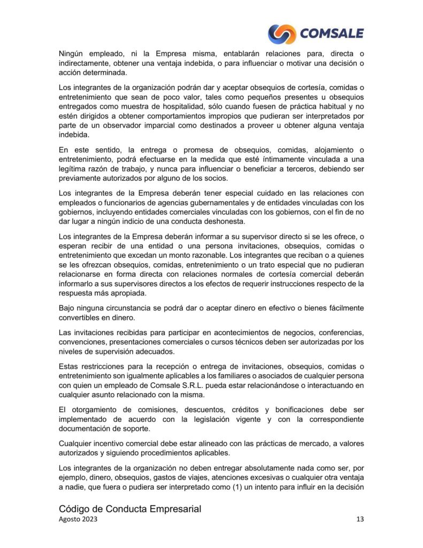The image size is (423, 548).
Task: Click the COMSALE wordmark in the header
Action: (332, 34)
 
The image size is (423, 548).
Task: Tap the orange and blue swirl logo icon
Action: (282, 34)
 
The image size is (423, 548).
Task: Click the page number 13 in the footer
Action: (359, 520)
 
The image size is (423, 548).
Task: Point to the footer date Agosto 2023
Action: (78, 520)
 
